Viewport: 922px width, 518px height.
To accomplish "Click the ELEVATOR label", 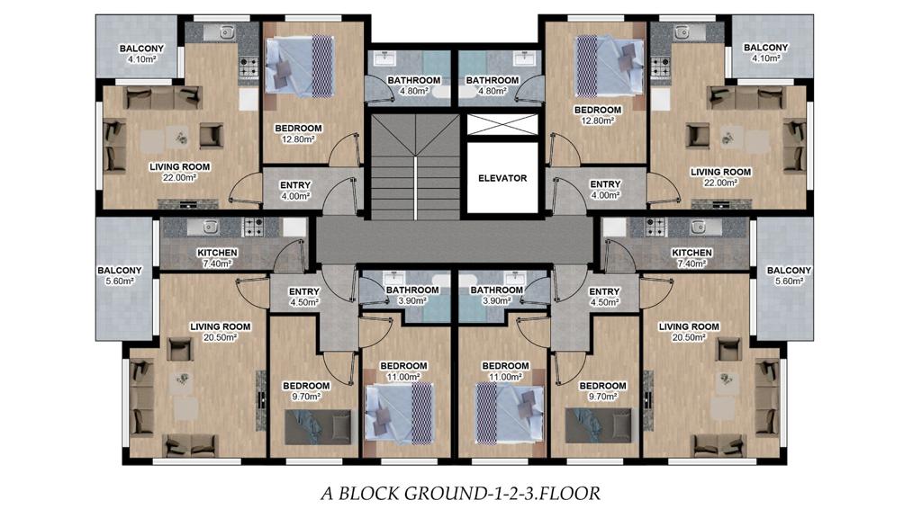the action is pyautogui.click(x=502, y=178).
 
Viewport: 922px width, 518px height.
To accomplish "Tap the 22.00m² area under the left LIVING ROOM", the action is pyautogui.click(x=179, y=177).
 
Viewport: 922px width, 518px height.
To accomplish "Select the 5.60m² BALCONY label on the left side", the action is pyautogui.click(x=120, y=275).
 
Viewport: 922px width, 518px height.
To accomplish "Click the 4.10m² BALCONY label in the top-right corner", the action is pyautogui.click(x=765, y=52).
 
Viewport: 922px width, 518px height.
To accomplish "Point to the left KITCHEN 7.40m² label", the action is pyautogui.click(x=217, y=258).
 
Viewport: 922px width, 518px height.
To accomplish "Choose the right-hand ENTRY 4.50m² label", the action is pyautogui.click(x=604, y=297).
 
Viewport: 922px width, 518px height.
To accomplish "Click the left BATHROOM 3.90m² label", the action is pyautogui.click(x=412, y=295).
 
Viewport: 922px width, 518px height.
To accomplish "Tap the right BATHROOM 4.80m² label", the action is pyautogui.click(x=493, y=85).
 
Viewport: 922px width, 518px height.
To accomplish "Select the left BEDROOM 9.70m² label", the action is pyautogui.click(x=306, y=391).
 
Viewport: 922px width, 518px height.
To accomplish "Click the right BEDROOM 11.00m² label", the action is pyautogui.click(x=506, y=371).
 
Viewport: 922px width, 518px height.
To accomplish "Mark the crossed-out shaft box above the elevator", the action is pyautogui.click(x=502, y=124).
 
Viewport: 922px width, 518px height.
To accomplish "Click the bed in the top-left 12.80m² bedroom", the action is pyautogui.click(x=299, y=67).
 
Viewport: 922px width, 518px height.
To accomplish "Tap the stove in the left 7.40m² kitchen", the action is pyautogui.click(x=253, y=227).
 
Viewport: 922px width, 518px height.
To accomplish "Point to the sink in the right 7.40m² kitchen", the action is pyautogui.click(x=698, y=226).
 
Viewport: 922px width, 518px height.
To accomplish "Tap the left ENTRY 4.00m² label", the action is pyautogui.click(x=295, y=191).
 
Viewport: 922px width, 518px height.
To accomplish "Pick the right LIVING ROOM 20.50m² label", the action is pyautogui.click(x=689, y=332).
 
